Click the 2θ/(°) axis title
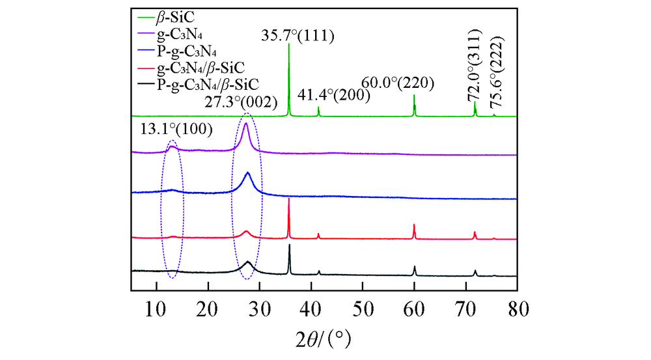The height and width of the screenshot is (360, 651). (x=324, y=339)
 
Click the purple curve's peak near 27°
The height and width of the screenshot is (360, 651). (x=245, y=124)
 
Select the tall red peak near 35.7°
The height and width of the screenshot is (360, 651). (x=288, y=199)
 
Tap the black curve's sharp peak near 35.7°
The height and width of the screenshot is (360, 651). (x=289, y=245)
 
